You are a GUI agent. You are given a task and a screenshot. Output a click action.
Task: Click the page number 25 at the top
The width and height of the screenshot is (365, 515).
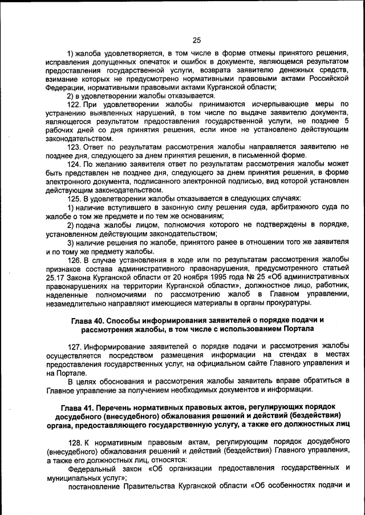click(197, 40)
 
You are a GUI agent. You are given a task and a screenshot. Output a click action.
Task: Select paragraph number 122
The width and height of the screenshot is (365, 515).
click(75, 104)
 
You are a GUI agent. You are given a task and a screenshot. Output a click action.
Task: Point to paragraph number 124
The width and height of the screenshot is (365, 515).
click(75, 164)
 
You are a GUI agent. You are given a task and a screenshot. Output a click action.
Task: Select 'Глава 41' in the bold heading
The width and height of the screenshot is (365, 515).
click(78, 408)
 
